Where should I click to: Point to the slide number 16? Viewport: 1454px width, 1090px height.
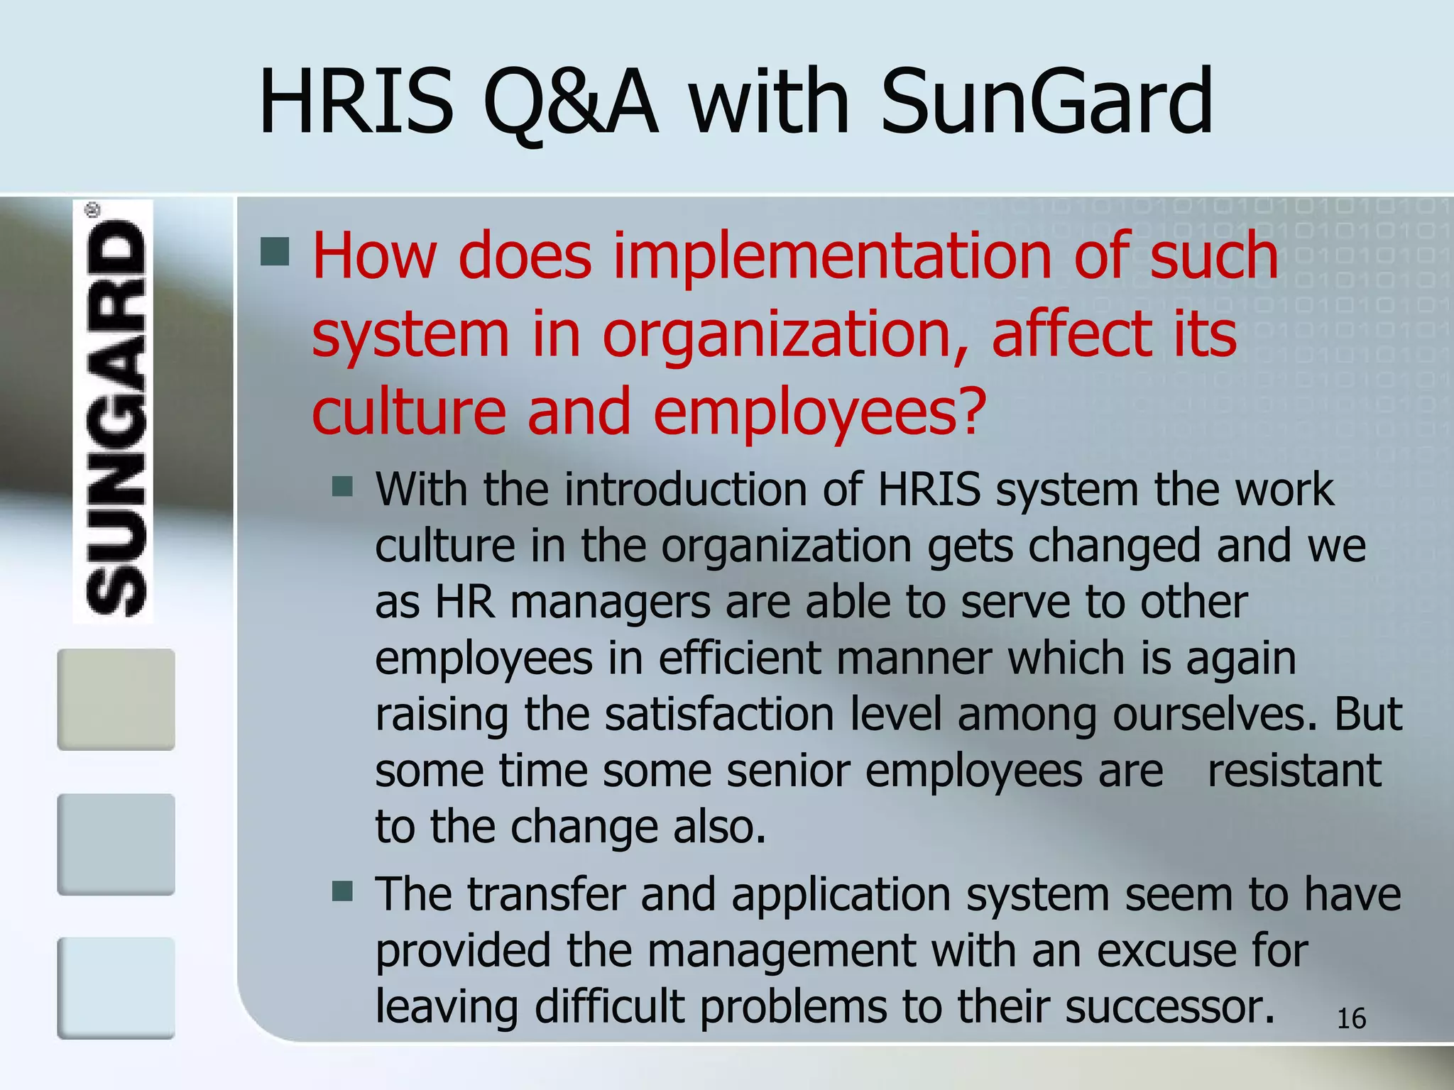[x=1351, y=1019]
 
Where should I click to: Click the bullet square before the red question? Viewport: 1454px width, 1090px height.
[x=275, y=251]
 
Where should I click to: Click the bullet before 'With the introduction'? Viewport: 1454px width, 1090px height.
[x=343, y=487]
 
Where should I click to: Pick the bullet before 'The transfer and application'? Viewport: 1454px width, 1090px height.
[x=343, y=891]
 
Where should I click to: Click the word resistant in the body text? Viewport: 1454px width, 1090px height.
[x=1294, y=771]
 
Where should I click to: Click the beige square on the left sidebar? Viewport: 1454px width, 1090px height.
[x=116, y=699]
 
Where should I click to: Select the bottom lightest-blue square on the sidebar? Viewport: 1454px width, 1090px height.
[x=116, y=988]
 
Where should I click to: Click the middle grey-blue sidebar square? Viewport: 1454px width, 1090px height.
[x=116, y=844]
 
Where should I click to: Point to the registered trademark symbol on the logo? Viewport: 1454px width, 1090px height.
[x=93, y=210]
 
